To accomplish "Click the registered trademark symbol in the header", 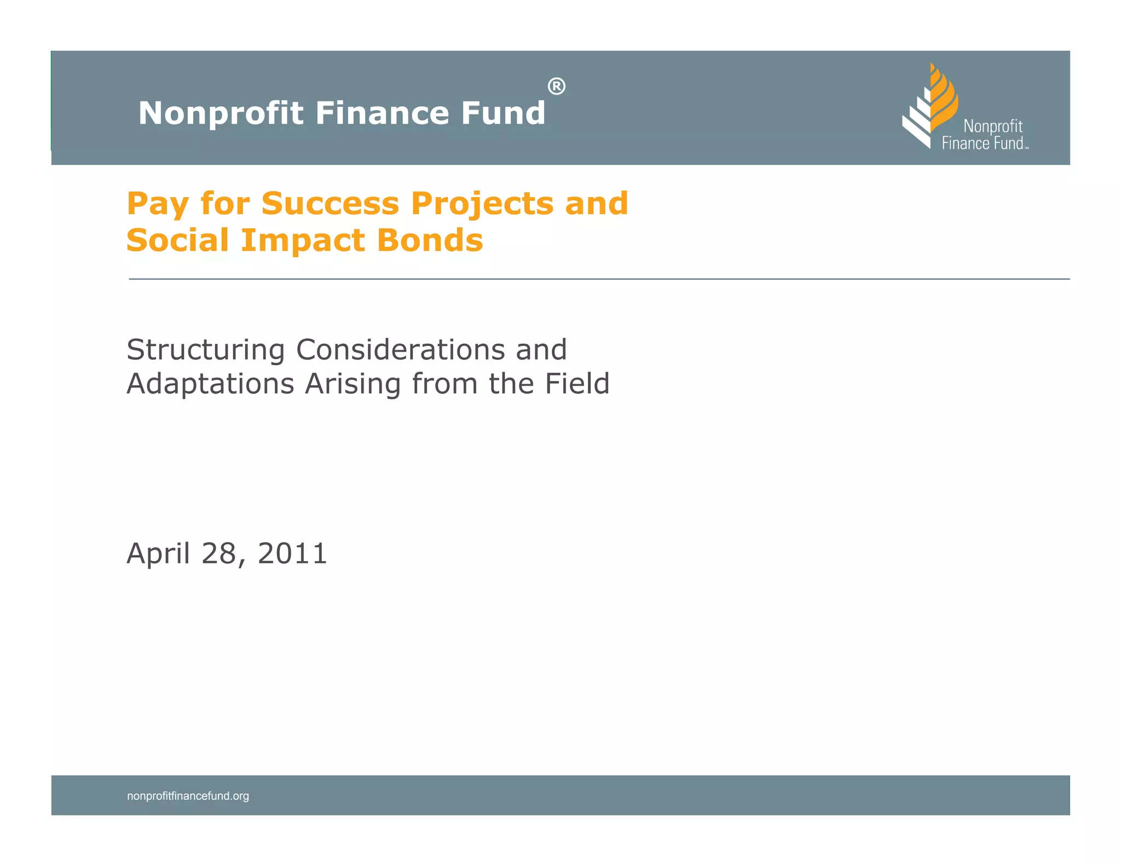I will (x=556, y=86).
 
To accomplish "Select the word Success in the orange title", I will (x=330, y=204).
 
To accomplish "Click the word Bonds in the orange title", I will (x=430, y=240).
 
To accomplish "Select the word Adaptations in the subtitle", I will (x=210, y=384).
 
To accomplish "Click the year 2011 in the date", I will (x=292, y=553).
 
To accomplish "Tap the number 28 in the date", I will (x=219, y=553).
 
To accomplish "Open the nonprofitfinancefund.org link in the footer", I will (x=188, y=796).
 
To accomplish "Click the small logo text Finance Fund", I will (x=983, y=143).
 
